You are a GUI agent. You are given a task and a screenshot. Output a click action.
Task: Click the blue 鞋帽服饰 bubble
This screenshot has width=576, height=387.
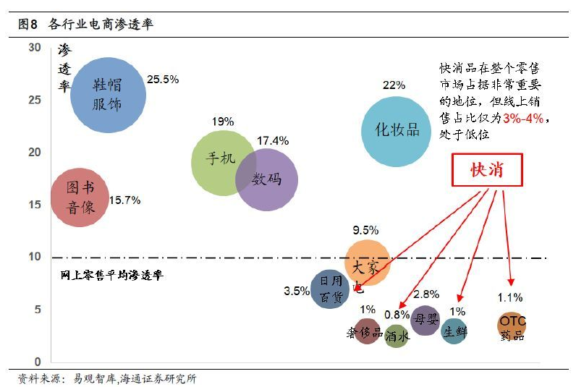[x=107, y=95]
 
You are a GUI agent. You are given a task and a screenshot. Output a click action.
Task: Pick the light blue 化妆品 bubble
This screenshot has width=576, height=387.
[x=396, y=131]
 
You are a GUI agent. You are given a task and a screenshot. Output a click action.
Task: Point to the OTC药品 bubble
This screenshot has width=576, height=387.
[x=512, y=325]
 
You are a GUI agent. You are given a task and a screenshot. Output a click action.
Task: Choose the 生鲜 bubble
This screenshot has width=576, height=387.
[x=454, y=331]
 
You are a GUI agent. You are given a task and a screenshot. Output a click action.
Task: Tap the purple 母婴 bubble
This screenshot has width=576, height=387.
[x=425, y=318]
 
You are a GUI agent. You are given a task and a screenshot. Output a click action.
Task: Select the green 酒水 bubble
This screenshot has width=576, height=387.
[x=397, y=336]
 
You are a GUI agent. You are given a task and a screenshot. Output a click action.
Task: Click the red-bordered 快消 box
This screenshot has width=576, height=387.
[x=486, y=171]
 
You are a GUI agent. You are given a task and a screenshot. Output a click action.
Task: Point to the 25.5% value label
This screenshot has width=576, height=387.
[x=163, y=79]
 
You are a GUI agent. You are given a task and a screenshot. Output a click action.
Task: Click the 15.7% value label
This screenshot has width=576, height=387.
[x=124, y=200]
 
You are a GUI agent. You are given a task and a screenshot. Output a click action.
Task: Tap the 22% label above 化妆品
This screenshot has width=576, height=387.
[x=394, y=85]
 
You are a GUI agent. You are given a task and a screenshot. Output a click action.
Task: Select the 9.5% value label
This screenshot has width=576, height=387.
[x=365, y=231]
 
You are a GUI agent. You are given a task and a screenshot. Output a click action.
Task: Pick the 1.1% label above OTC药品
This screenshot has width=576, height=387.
[x=509, y=297]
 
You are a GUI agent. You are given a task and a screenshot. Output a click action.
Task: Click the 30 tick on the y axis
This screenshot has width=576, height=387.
[x=35, y=47]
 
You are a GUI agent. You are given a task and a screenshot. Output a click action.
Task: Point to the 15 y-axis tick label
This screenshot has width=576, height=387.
[x=35, y=205]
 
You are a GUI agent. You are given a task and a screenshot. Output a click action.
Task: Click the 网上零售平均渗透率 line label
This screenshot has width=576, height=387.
[x=111, y=276]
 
